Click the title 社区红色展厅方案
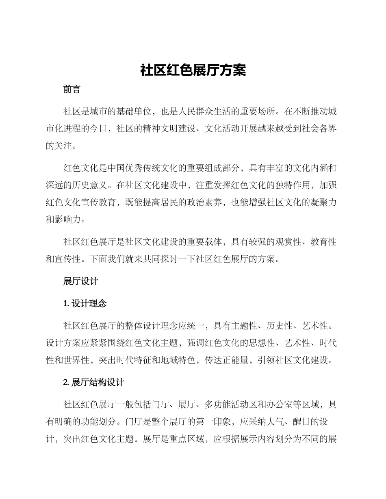pyautogui.click(x=193, y=70)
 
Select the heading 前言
pyautogui.click(x=72, y=90)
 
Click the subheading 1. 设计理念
pyautogui.click(x=85, y=303)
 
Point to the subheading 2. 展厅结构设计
pyautogui.click(x=94, y=383)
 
